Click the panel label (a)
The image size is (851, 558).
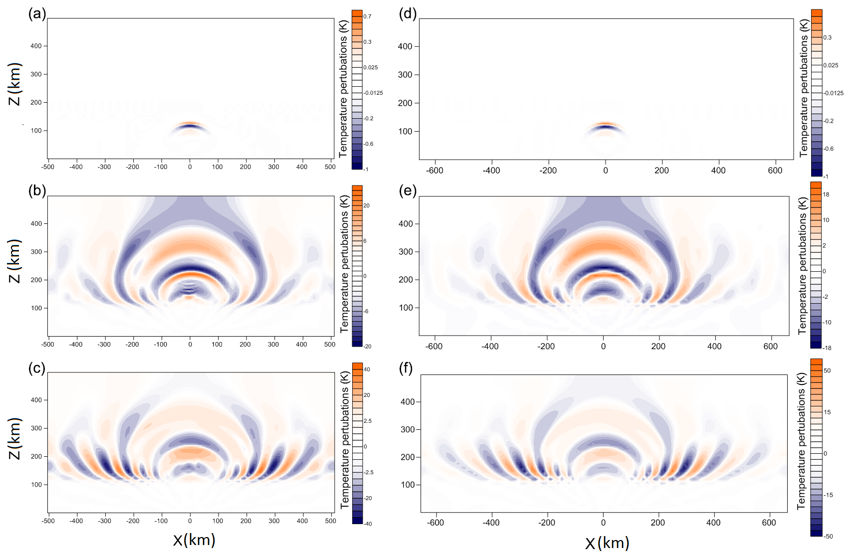37,14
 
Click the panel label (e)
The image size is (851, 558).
408,191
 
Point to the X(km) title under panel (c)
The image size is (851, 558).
194,540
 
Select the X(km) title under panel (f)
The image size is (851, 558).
607,543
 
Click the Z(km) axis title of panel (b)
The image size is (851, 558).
15,260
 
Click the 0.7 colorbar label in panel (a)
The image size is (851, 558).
367,16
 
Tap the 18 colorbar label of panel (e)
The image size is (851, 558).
826,194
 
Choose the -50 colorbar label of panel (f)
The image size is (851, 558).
828,536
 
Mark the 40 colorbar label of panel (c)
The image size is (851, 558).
367,370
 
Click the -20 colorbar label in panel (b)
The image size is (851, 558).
367,346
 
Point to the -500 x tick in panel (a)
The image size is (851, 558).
48,167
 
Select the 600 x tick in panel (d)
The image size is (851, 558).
775,171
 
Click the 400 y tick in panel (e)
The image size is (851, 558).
406,224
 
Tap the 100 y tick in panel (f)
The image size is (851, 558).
408,485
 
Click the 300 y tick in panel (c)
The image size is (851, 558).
36,428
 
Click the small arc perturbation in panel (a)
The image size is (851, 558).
190,125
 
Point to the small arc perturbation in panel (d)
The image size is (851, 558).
605,126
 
